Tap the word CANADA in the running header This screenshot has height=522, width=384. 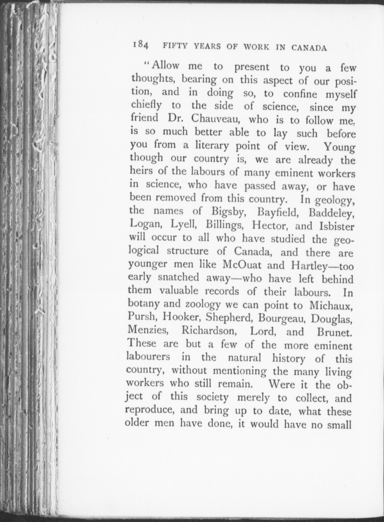(x=309, y=48)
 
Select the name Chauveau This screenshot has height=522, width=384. (x=215, y=119)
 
